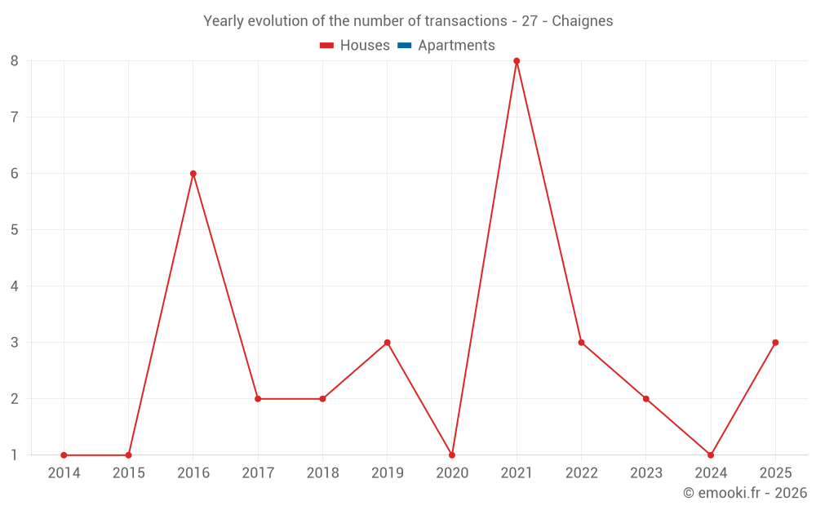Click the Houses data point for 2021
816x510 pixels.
pyautogui.click(x=517, y=61)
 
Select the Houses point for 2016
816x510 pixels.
pyautogui.click(x=193, y=174)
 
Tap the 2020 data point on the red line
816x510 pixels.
pyautogui.click(x=452, y=455)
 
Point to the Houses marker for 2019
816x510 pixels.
pyautogui.click(x=388, y=343)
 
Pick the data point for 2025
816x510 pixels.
pyautogui.click(x=775, y=343)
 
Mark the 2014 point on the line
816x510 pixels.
pyautogui.click(x=64, y=455)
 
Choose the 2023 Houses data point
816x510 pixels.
pyautogui.click(x=646, y=399)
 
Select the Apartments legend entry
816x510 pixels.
pyautogui.click(x=456, y=46)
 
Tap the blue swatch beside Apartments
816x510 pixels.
pyautogui.click(x=404, y=46)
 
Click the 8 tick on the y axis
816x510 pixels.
pyautogui.click(x=15, y=61)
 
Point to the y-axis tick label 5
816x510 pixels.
pyautogui.click(x=15, y=230)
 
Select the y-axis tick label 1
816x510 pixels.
pyautogui.click(x=15, y=455)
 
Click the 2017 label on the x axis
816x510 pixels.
pyautogui.click(x=258, y=473)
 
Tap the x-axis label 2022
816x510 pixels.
pyautogui.click(x=581, y=473)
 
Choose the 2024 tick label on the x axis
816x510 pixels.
pyautogui.click(x=711, y=473)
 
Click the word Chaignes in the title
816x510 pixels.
pyautogui.click(x=582, y=21)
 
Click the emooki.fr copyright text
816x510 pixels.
pyautogui.click(x=745, y=493)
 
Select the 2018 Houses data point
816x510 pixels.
pyautogui.click(x=322, y=399)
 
